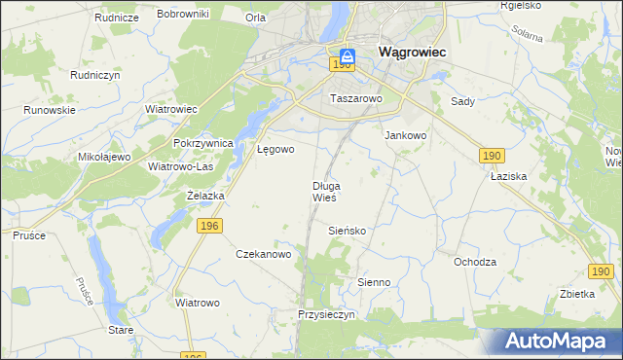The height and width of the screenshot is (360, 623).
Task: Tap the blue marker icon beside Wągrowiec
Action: coord(348,56)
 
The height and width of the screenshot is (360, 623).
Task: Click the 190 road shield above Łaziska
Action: coord(493,155)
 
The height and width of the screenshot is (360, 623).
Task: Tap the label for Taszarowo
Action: coord(357,98)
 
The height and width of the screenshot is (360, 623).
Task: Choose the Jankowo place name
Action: coord(407,136)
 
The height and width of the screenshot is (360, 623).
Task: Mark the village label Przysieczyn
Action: coord(329,315)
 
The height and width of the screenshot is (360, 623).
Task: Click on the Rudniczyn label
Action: coord(94,74)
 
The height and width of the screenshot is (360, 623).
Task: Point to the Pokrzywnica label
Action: coord(203,143)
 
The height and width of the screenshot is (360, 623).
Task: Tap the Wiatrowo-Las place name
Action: coord(180,166)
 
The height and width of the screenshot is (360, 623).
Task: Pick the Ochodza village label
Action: coord(475,262)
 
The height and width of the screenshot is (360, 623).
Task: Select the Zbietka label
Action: coord(577,294)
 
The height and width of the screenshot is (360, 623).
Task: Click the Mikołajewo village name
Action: coord(104,157)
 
